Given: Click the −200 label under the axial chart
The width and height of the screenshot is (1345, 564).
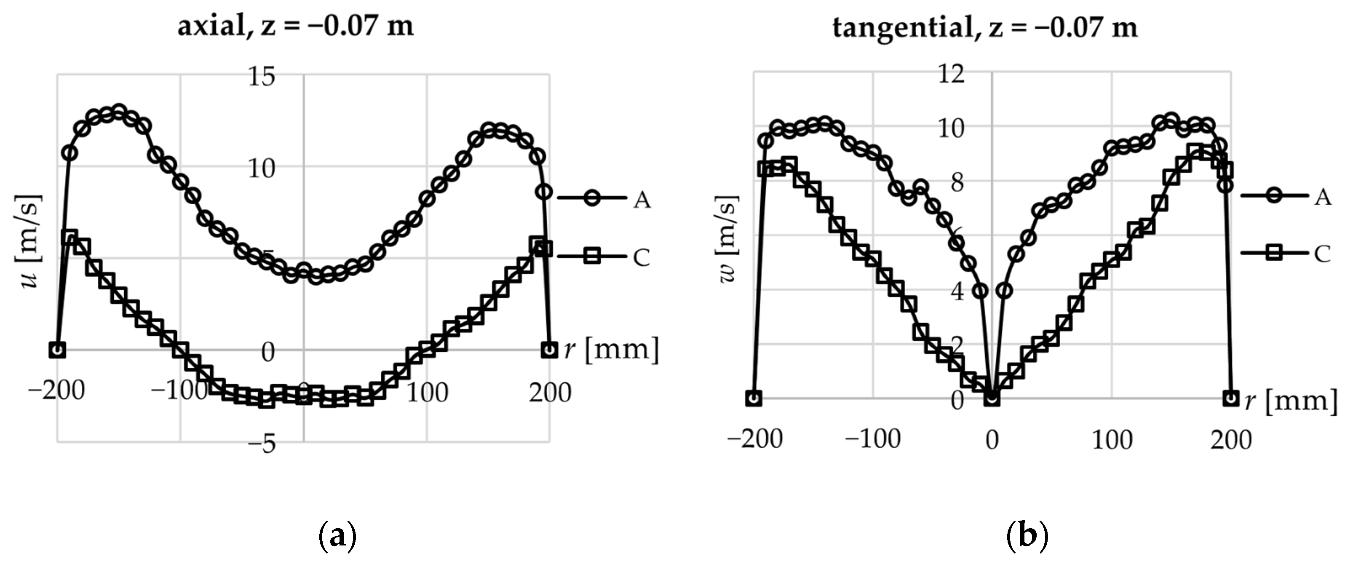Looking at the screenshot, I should (56, 391).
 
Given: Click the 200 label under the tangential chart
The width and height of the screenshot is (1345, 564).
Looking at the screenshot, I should (1231, 440).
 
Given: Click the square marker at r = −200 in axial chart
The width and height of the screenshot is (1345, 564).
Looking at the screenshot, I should (57, 350).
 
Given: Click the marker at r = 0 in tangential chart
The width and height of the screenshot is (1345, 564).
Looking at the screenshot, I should (992, 398).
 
